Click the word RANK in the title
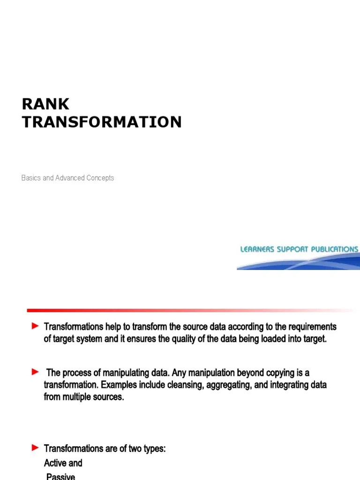[45, 104]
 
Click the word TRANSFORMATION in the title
[102, 122]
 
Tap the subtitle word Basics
[31, 178]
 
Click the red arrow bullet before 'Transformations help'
[35, 326]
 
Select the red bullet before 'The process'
[35, 372]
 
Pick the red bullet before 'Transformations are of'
[35, 449]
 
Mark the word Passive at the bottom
[60, 476]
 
